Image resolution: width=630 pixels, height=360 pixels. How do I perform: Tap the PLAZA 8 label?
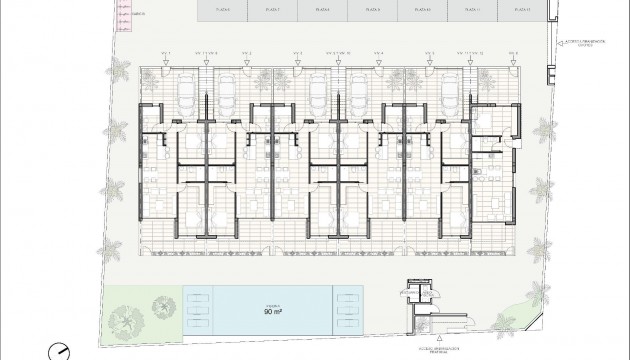(x=322, y=10)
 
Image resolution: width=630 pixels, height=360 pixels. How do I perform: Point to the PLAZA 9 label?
(x=373, y=10)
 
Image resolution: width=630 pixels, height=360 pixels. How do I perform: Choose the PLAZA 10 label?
(x=421, y=10)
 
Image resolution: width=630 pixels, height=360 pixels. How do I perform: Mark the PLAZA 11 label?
(x=468, y=10)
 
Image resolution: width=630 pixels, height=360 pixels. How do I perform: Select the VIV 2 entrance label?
(x=245, y=52)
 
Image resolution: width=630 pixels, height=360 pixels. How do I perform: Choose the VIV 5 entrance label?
(x=430, y=52)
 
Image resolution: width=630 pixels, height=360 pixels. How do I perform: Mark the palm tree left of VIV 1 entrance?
(x=121, y=71)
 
